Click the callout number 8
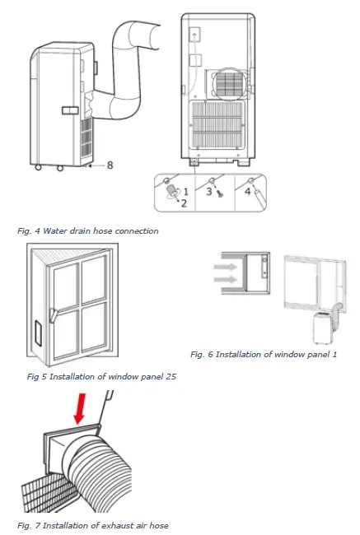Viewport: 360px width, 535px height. [110, 165]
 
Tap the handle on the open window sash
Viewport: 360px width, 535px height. [52, 314]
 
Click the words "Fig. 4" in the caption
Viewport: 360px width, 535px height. [27, 231]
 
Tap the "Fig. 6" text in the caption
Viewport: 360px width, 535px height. [203, 354]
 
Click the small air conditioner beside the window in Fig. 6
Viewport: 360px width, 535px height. [324, 327]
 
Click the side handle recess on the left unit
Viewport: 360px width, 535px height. [70, 109]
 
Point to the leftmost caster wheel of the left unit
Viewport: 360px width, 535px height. [37, 171]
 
